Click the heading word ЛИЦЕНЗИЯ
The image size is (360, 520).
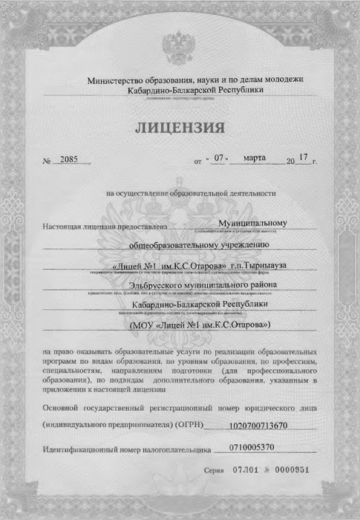(180, 129)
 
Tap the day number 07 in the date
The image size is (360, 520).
(217, 158)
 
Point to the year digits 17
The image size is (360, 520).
(302, 157)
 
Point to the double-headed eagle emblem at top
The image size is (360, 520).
(179, 45)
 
